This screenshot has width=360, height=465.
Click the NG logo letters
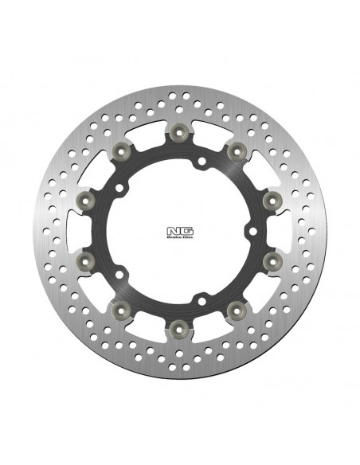[x=179, y=228]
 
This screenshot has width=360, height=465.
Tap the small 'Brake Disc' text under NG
[x=179, y=236]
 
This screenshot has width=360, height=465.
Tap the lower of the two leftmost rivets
[x=89, y=260]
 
